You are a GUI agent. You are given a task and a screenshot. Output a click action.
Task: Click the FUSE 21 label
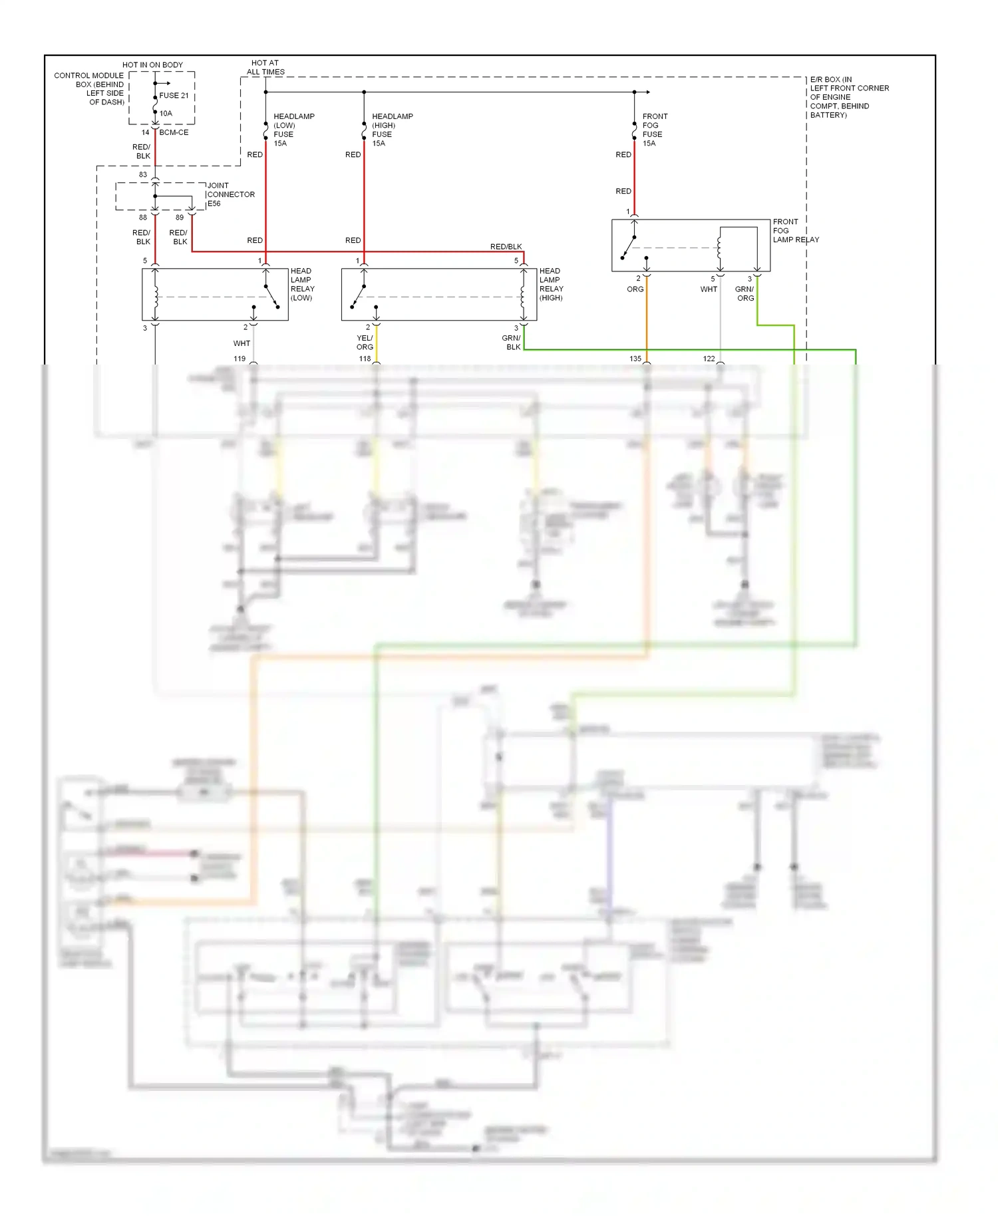point(174,95)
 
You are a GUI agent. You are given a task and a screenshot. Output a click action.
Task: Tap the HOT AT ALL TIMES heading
point(265,67)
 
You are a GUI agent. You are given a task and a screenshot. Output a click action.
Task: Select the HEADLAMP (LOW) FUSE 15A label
point(293,130)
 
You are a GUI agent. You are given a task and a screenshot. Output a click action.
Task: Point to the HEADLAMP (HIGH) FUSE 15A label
point(392,130)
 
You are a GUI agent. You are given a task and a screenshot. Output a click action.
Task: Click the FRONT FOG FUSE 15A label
point(655,130)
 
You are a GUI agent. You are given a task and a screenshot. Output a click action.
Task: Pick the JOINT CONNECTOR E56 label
point(230,194)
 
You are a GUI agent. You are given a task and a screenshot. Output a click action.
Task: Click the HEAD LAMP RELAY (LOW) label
point(302,284)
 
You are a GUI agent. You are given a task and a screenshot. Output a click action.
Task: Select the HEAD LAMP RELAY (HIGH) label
point(551,284)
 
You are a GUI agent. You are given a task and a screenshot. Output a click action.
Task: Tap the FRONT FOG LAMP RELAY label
point(795,230)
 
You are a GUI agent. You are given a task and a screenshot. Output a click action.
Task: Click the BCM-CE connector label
point(174,132)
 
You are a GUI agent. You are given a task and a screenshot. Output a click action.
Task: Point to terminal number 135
point(635,359)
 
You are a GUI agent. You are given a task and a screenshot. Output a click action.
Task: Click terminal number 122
point(709,359)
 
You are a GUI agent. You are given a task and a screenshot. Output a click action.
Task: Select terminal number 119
point(240,359)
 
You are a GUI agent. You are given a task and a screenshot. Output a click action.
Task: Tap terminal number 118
point(365,359)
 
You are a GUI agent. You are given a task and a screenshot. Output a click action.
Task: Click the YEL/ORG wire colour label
point(365,343)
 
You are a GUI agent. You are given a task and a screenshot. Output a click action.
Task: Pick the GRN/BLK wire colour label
point(512,343)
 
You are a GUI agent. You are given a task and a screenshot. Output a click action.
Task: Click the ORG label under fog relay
point(635,289)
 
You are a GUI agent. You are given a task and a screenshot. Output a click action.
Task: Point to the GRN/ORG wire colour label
point(745,293)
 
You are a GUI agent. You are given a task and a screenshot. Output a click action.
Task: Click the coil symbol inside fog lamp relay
point(719,247)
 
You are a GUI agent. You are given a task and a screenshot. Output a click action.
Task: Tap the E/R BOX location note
point(848,97)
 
